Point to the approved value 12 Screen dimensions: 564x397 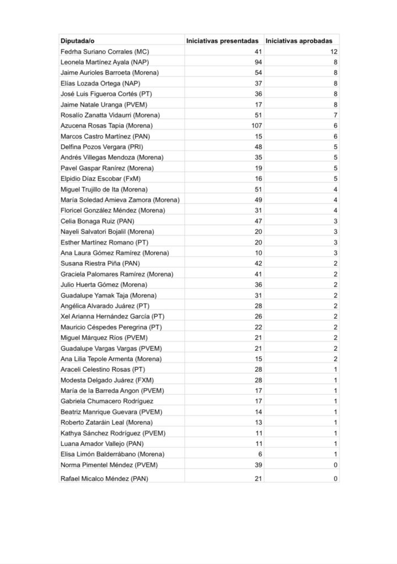click(x=334, y=51)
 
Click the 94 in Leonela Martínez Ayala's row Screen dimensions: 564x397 click(x=258, y=62)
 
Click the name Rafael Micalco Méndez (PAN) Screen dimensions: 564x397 click(x=104, y=479)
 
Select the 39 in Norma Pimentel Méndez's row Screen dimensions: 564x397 click(x=258, y=465)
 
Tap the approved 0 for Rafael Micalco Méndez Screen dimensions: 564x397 click(x=335, y=479)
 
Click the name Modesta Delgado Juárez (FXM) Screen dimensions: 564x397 click(x=102, y=380)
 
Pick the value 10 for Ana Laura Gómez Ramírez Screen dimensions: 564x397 click(x=258, y=253)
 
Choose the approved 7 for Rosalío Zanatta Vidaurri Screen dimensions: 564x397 click(x=335, y=115)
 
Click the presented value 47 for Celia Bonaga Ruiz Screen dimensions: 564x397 click(x=258, y=221)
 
